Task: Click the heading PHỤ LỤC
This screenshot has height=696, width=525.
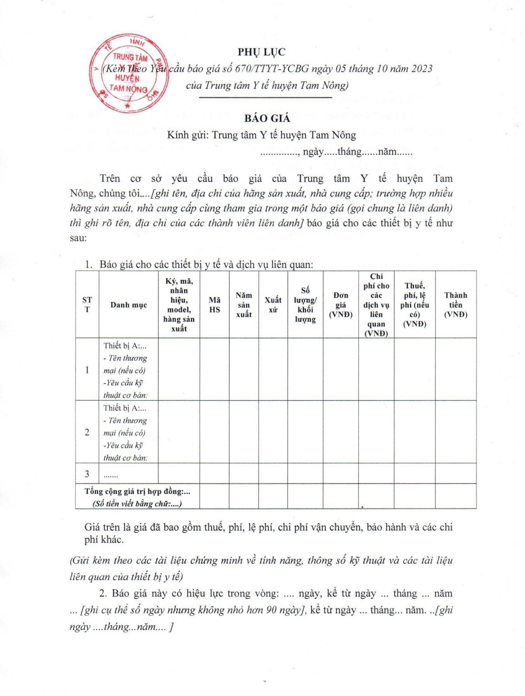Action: (x=262, y=52)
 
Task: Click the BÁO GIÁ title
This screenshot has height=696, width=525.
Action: (x=267, y=118)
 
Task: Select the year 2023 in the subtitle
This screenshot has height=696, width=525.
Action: (x=418, y=68)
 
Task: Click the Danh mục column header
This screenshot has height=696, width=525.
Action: (x=128, y=305)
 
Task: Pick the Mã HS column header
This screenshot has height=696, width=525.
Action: (x=214, y=305)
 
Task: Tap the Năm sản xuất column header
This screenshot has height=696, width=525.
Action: (x=244, y=305)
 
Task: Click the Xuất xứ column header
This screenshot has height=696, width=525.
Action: (x=273, y=305)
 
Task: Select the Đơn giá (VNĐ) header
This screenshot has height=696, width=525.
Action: (x=341, y=305)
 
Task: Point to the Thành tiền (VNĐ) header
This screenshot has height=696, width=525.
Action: (x=455, y=305)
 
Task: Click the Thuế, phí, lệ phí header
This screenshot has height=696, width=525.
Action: (x=415, y=305)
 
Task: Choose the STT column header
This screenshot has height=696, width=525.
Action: (x=87, y=305)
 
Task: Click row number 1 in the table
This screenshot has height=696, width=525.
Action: (x=87, y=370)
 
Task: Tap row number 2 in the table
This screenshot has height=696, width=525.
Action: (x=87, y=432)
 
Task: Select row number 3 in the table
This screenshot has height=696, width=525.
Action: (x=87, y=474)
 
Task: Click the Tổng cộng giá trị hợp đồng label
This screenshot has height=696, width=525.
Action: (x=138, y=492)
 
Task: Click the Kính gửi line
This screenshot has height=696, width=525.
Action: (x=262, y=135)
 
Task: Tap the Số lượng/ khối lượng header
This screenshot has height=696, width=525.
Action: (x=305, y=305)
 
